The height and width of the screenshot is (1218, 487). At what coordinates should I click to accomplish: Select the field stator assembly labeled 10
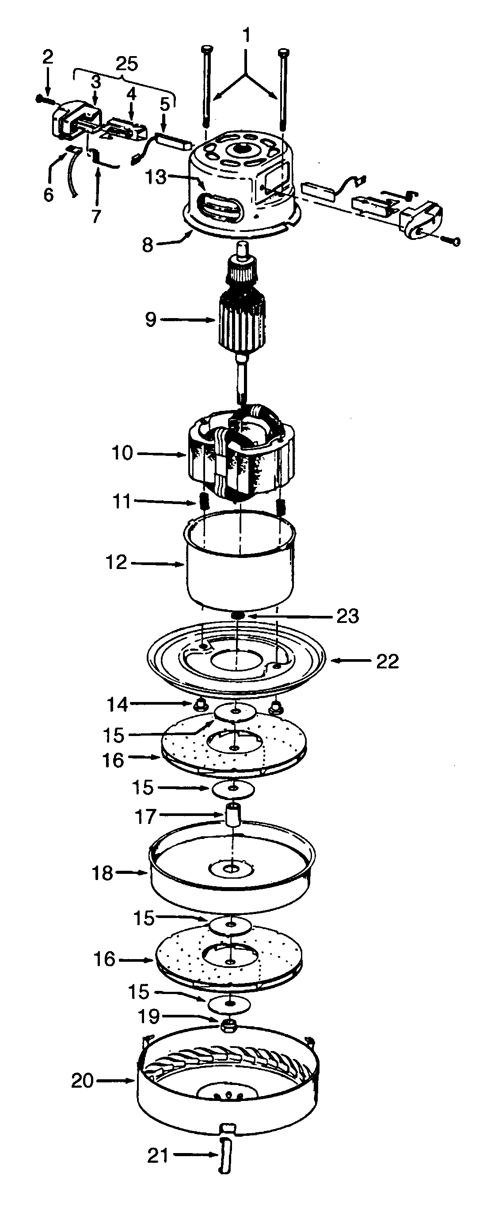coord(241,454)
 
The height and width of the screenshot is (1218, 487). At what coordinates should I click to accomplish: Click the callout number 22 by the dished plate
coord(387,661)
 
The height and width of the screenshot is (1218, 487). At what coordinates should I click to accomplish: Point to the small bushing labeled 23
coord(238,615)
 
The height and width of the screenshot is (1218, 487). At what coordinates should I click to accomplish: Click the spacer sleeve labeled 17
coord(232,815)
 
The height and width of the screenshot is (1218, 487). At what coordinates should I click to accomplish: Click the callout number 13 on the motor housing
coord(156,177)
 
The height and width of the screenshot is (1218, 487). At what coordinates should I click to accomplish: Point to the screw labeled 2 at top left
coord(42,99)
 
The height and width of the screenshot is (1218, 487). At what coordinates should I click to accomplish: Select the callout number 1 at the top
coord(246,35)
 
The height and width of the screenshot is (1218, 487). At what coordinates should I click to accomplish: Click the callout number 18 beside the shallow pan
coord(102,873)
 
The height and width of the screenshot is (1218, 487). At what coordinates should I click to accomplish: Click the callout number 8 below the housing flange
coord(148,245)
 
